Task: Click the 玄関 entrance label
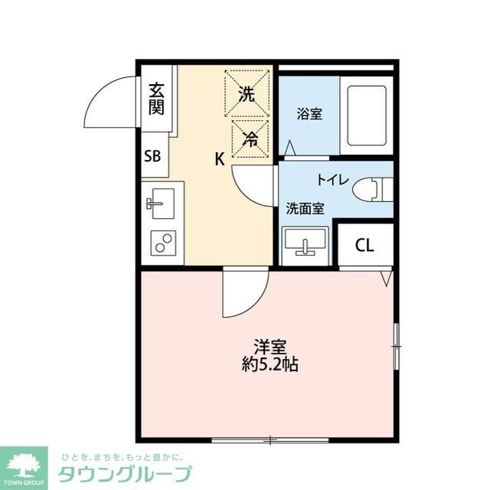(x=156, y=98)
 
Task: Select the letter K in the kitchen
(x=219, y=159)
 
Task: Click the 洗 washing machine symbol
(x=247, y=93)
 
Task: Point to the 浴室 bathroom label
(x=309, y=115)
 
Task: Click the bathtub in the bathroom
(x=366, y=115)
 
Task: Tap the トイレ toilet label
(x=333, y=181)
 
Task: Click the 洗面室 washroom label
(x=305, y=207)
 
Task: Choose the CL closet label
(x=364, y=245)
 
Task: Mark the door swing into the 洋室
(x=241, y=295)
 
